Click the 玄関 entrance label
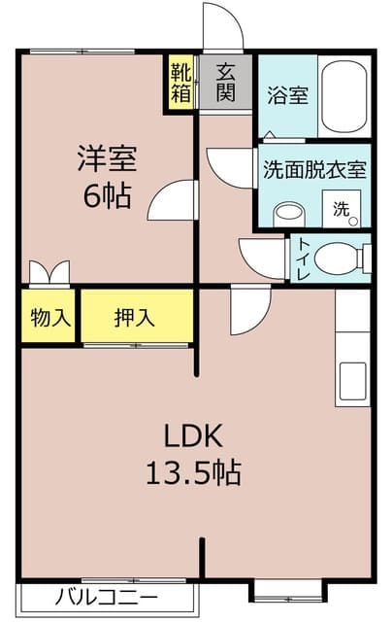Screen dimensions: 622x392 [x=226, y=82]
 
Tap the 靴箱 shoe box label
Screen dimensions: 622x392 [x=180, y=83]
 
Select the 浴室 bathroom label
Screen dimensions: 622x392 [x=286, y=97]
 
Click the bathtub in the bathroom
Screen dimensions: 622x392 [x=344, y=97]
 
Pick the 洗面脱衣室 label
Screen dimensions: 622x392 [x=313, y=169]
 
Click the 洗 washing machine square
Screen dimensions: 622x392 [x=342, y=208]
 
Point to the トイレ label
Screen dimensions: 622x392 [x=304, y=259]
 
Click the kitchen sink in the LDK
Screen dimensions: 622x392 [x=351, y=383]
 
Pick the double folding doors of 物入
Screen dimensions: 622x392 [x=49, y=273]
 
